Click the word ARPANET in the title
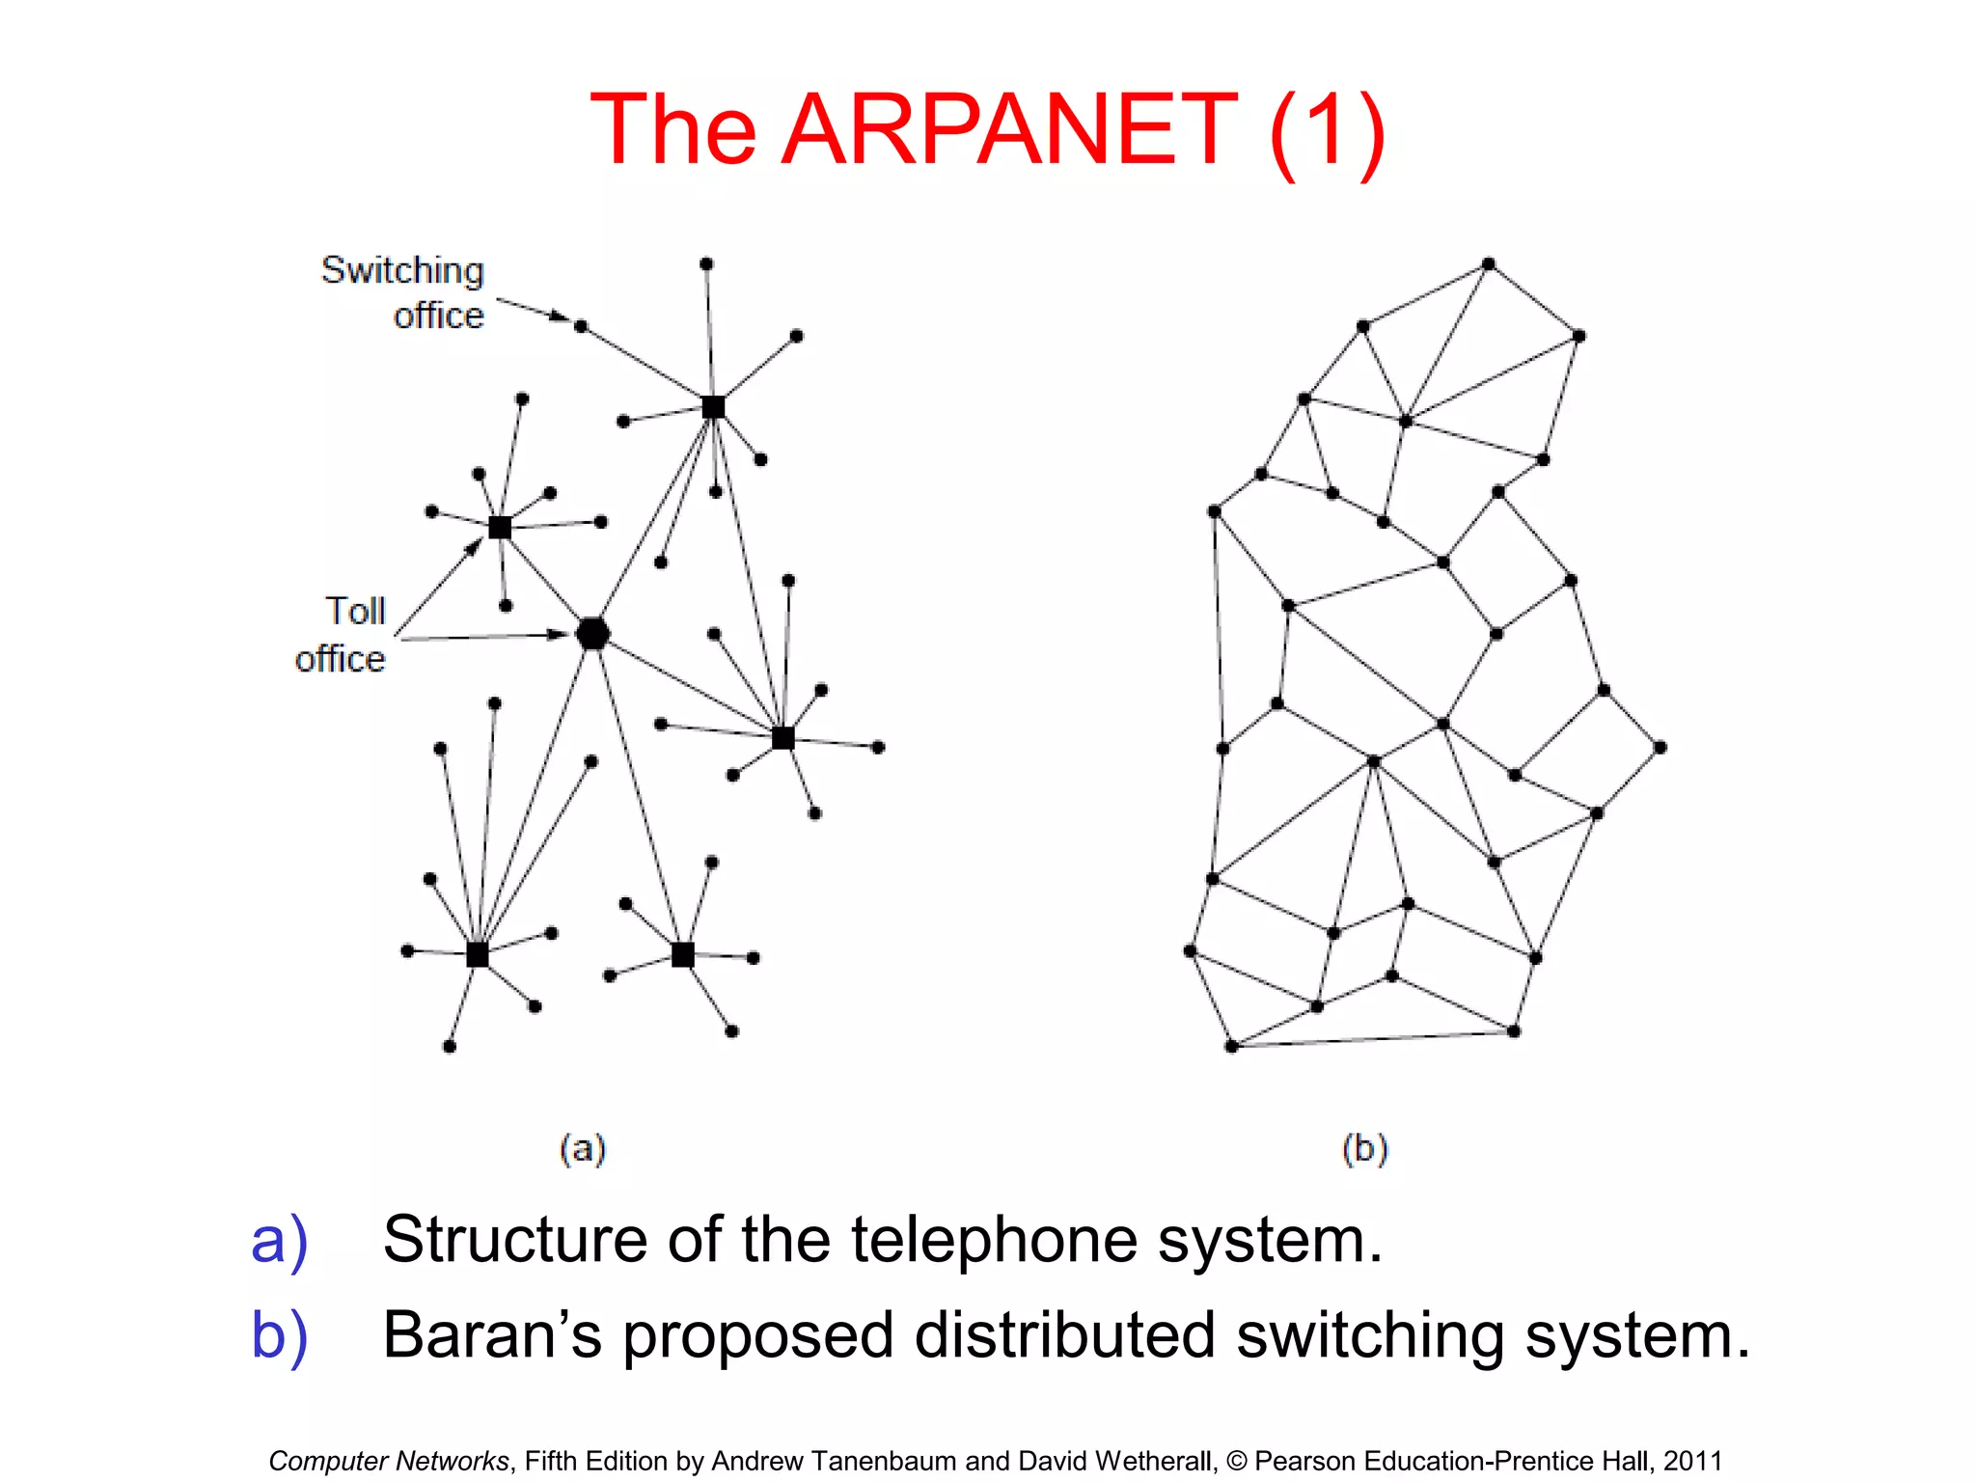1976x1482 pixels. point(1009,129)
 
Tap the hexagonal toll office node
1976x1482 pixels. point(592,634)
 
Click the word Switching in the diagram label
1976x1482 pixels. point(402,270)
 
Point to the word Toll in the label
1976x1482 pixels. point(355,611)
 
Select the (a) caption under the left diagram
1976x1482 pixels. point(583,1148)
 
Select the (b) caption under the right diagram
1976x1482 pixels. point(1364,1148)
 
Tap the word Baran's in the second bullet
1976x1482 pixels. point(492,1335)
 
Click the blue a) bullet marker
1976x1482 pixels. point(279,1241)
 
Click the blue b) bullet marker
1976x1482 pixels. point(279,1336)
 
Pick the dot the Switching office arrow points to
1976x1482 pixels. point(581,326)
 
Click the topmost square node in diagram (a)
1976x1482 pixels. point(713,407)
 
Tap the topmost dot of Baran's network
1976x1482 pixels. point(1489,263)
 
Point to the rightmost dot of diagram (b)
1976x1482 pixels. point(1660,747)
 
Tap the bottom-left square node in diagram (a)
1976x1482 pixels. point(478,954)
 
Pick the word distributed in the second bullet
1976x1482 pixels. point(1064,1335)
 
